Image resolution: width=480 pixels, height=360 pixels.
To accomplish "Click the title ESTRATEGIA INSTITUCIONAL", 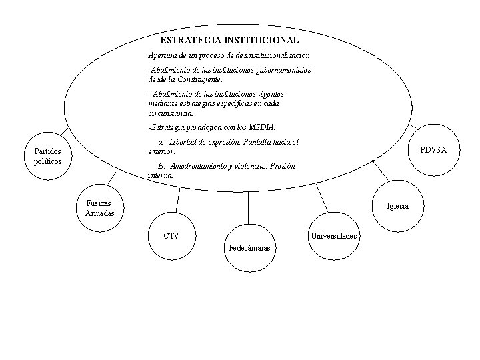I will tap(229, 41).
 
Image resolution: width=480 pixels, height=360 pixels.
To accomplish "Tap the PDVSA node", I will tap(433, 151).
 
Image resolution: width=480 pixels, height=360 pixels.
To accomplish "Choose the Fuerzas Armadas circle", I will tap(99, 208).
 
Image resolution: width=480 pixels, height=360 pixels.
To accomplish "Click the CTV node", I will tap(171, 235).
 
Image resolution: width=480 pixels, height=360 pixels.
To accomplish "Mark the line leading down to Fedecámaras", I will tap(248, 207).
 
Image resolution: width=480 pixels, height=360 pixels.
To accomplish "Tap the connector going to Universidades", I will tap(322, 198).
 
